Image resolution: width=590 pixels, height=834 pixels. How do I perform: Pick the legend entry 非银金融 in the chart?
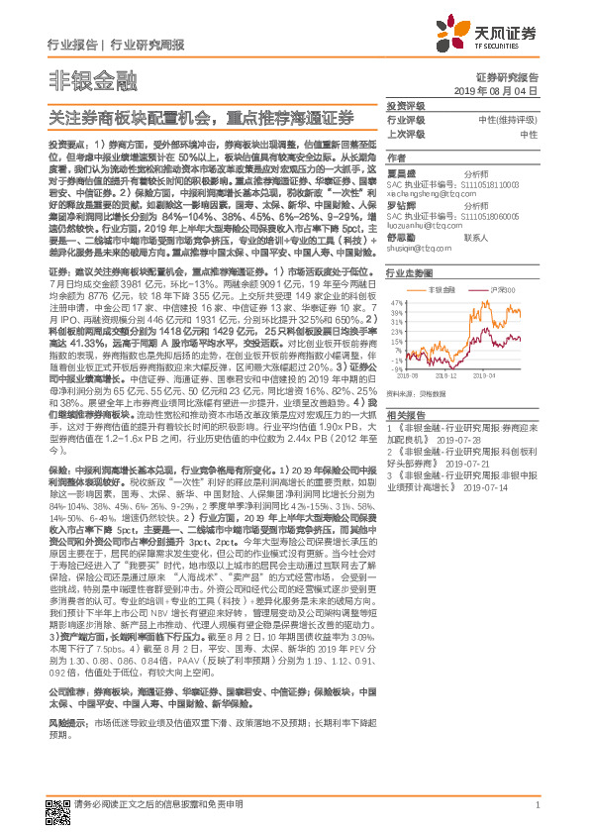[442, 290]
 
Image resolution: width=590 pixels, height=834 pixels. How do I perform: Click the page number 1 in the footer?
[536, 805]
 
